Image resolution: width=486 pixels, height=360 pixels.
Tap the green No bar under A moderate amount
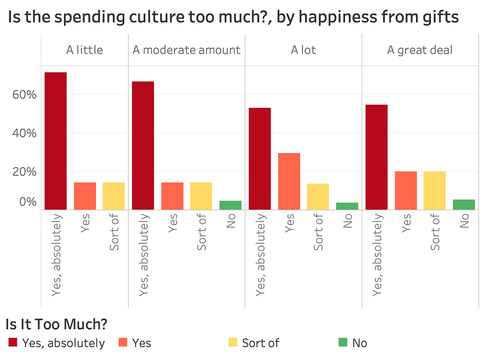230,205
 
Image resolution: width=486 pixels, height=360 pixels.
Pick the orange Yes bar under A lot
289,181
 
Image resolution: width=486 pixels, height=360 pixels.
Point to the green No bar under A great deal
464,205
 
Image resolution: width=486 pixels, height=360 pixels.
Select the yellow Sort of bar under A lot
318,197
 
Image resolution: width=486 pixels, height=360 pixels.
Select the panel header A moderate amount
186,50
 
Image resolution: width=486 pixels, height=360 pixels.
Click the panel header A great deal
420,50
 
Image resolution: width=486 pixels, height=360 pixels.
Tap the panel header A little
84,50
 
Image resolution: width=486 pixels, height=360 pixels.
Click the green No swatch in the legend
343,343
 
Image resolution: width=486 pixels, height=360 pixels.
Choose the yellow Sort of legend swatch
233,343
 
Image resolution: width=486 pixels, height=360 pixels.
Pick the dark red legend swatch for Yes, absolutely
13,343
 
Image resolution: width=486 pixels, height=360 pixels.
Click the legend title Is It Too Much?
56,324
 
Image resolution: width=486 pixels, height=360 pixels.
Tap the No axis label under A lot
347,221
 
